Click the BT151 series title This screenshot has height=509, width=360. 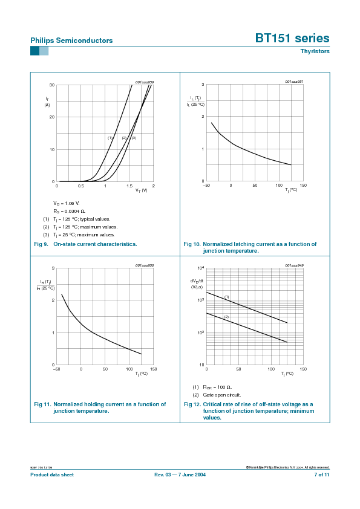[x=292, y=39]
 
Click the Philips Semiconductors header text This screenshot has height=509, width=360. [x=71, y=41]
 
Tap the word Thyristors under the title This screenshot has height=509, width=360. [x=315, y=51]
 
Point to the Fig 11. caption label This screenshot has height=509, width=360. [x=42, y=404]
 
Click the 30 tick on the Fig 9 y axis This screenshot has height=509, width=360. [x=52, y=85]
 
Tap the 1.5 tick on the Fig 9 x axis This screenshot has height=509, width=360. [x=129, y=186]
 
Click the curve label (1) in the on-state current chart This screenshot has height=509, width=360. [x=110, y=138]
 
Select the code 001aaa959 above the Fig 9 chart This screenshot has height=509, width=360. [x=144, y=82]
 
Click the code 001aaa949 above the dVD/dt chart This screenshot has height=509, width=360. [x=294, y=265]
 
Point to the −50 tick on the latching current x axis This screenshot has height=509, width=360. [x=206, y=186]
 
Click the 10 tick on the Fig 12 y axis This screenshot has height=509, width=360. [x=201, y=365]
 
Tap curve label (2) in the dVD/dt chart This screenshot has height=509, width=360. [x=226, y=317]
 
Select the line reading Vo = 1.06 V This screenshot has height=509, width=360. [x=67, y=203]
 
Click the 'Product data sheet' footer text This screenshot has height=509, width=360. [x=52, y=475]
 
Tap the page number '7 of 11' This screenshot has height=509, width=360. [x=321, y=475]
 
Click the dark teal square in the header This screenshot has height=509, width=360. [x=34, y=51]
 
